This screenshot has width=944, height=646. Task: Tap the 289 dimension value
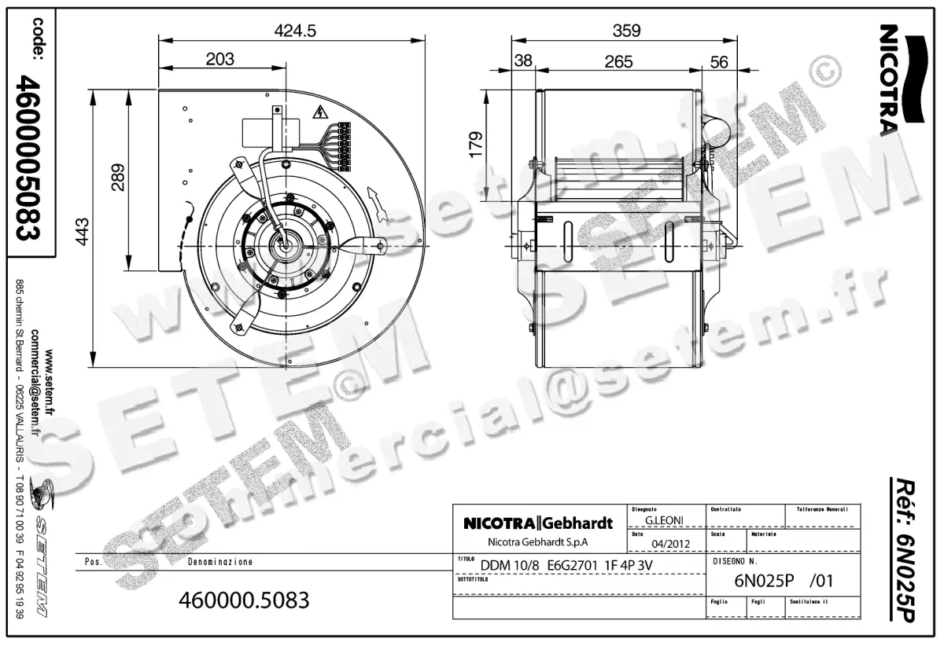(x=116, y=178)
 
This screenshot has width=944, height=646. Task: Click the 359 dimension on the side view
(x=626, y=31)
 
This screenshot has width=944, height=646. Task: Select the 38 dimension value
(x=523, y=61)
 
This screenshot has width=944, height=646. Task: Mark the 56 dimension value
(x=719, y=61)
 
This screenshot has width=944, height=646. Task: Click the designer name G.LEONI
(x=662, y=520)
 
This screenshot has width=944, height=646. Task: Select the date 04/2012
(x=670, y=543)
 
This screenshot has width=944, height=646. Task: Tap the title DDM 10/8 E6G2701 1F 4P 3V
(x=566, y=565)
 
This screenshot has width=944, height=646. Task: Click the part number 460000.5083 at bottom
(x=245, y=600)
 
